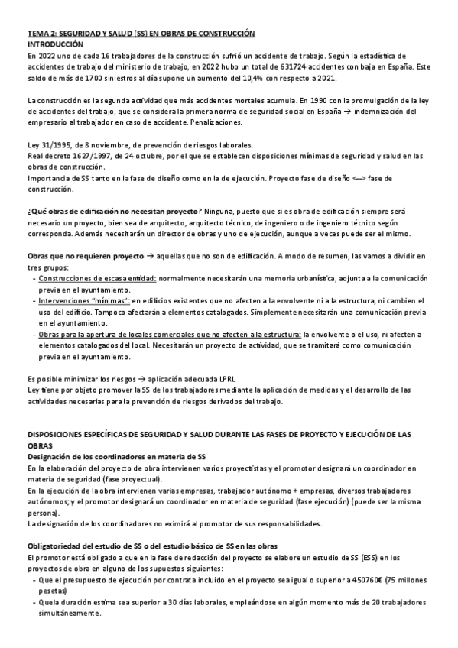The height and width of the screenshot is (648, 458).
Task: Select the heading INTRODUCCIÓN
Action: [x=56, y=45]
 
